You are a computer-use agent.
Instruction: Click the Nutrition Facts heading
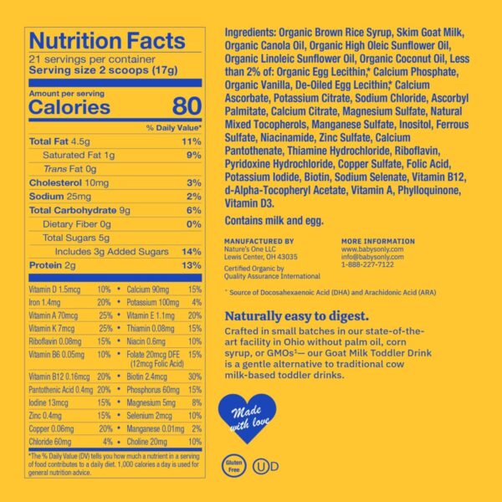pyautogui.click(x=107, y=41)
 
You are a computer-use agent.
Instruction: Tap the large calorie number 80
pyautogui.click(x=186, y=106)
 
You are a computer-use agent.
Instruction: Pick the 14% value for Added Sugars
pyautogui.click(x=192, y=252)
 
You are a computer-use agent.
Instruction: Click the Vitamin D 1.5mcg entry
pyautogui.click(x=54, y=288)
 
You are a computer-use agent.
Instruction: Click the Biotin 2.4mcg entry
pyautogui.click(x=148, y=376)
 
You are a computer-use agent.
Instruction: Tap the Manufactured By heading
pyautogui.click(x=259, y=241)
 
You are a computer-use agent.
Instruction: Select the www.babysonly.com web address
pyautogui.click(x=372, y=248)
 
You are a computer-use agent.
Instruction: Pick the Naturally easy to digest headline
pyautogui.click(x=297, y=317)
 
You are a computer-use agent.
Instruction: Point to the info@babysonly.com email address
pyautogui.click(x=373, y=256)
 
